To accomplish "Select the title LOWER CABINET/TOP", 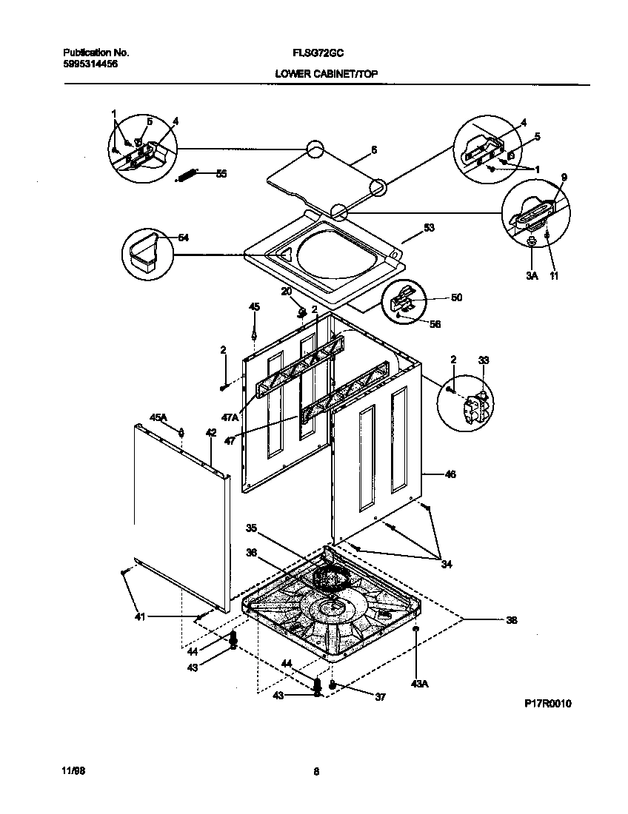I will pyautogui.click(x=326, y=74).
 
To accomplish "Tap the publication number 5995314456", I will pyautogui.click(x=90, y=64).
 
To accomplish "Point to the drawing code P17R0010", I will pyautogui.click(x=547, y=703).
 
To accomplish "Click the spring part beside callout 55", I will pyautogui.click(x=187, y=175).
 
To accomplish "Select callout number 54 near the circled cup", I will pyautogui.click(x=184, y=238).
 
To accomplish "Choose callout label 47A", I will pyautogui.click(x=230, y=417).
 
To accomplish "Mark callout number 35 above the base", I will pyautogui.click(x=251, y=528).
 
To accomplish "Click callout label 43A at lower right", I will pyautogui.click(x=419, y=684).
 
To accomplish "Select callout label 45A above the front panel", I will pyautogui.click(x=158, y=418).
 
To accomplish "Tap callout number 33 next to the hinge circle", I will pyautogui.click(x=484, y=360).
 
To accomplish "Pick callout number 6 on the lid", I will pyautogui.click(x=374, y=149).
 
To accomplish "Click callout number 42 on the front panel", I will pyautogui.click(x=211, y=433).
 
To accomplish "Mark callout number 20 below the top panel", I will pyautogui.click(x=285, y=292).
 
